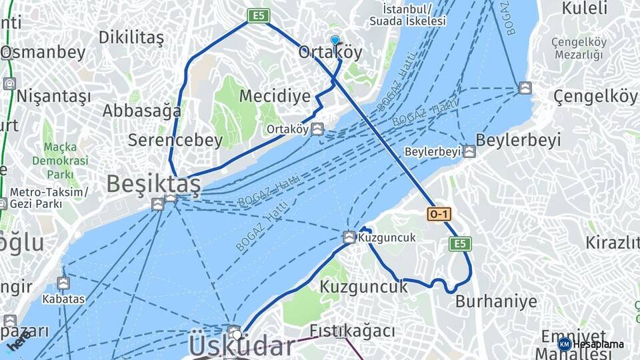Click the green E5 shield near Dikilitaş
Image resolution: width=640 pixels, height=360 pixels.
coord(259,15)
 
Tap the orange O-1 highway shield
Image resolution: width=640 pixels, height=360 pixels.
coord(439,214)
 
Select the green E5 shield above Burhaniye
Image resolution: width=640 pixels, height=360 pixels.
coord(460,243)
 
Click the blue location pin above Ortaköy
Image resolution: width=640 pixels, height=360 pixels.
coord(335,41)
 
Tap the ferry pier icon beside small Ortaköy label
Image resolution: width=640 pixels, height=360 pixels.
coord(318,129)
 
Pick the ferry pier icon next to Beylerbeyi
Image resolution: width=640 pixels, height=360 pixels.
coord(469,151)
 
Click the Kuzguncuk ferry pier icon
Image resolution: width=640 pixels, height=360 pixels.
coord(349,237)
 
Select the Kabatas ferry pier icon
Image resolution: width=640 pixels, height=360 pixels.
coord(63,283)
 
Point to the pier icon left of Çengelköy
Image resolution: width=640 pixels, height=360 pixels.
coord(525,88)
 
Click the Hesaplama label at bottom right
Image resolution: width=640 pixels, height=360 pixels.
coord(599,344)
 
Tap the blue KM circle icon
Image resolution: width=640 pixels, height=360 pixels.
coord(564,344)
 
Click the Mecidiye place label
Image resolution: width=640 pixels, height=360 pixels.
coord(275,96)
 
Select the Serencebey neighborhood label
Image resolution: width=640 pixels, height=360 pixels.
coord(175,140)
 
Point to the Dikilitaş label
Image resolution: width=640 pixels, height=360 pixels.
coord(131,37)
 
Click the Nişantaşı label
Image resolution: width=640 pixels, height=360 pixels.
coord(53,96)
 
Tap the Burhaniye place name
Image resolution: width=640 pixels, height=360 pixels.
coord(496,301)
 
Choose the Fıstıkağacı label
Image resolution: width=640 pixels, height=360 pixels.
coord(352,330)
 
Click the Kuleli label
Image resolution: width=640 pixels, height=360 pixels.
coord(585,9)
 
